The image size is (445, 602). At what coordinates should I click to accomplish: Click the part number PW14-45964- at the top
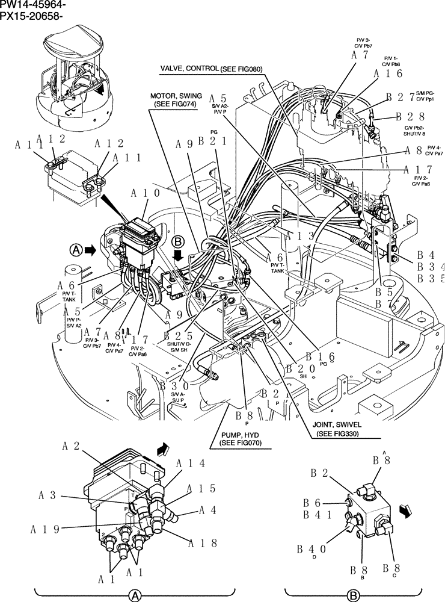33,5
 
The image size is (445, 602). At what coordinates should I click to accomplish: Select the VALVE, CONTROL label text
189,69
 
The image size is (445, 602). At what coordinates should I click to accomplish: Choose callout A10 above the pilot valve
145,193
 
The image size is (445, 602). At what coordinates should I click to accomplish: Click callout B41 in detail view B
316,515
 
